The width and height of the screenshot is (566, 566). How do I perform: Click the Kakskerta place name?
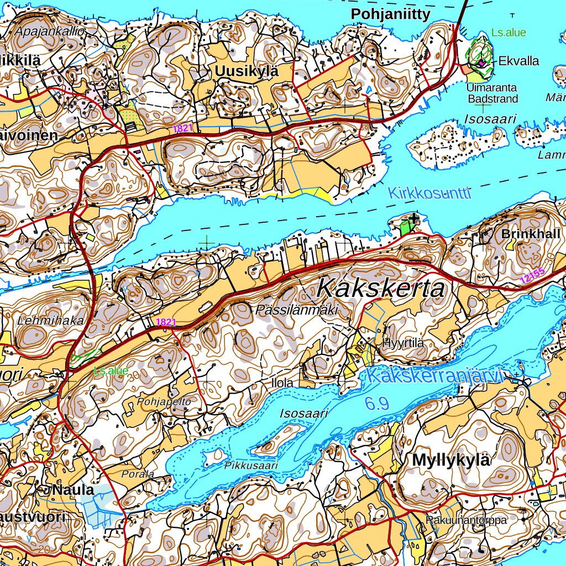click(381, 289)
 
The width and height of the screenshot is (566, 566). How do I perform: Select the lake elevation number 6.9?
click(376, 403)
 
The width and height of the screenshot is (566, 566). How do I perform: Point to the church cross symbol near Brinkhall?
click(414, 219)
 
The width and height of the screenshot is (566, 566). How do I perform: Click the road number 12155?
click(532, 276)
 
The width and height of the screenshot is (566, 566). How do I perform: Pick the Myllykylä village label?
click(452, 460)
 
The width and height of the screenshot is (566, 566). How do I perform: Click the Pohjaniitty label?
click(391, 15)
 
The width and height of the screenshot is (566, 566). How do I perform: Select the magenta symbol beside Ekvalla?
click(481, 63)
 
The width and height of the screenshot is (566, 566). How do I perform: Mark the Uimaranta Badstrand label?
click(492, 93)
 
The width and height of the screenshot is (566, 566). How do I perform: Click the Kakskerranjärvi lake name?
click(436, 376)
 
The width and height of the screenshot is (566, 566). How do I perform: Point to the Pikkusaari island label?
click(251, 466)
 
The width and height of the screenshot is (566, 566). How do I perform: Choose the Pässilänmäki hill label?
click(297, 311)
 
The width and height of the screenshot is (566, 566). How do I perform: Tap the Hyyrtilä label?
click(403, 343)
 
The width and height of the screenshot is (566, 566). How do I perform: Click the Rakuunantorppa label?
click(466, 520)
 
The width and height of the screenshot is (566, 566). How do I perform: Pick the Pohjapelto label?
click(164, 402)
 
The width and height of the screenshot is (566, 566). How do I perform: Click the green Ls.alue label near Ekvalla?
click(509, 33)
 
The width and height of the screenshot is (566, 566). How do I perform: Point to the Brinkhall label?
click(531, 234)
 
